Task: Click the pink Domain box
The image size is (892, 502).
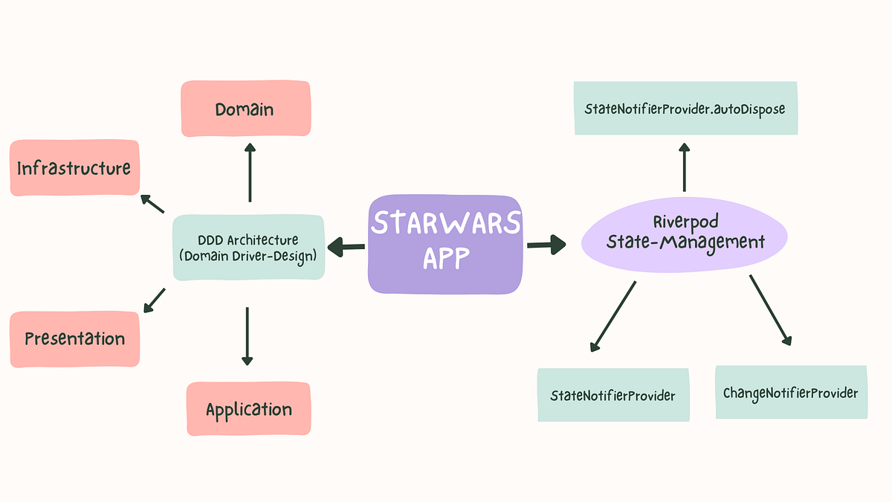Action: [x=245, y=109]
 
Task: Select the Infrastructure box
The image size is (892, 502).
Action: [x=74, y=168]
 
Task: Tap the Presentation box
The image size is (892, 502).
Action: [x=74, y=339]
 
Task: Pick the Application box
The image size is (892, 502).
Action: [x=248, y=409]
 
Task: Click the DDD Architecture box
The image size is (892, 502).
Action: [x=248, y=248]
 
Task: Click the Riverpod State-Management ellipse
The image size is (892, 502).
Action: [x=685, y=232]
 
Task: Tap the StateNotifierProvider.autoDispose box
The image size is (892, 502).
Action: [x=685, y=109]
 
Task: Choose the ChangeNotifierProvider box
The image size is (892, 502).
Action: [x=790, y=393]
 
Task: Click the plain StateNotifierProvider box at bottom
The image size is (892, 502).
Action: [x=613, y=396]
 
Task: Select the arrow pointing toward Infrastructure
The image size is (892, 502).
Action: [x=152, y=203]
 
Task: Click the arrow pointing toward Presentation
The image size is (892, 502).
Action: [x=154, y=300]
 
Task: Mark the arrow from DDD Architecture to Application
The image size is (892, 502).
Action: [x=247, y=336]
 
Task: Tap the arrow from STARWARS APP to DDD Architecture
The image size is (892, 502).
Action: [x=346, y=246]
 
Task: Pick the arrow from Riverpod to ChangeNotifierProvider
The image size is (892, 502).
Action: [x=770, y=310]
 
